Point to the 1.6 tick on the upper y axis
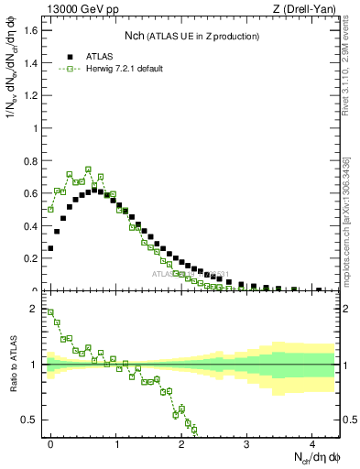tap(31, 30)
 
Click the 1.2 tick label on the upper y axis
tap(31, 95)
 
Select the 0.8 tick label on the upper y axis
tap(31, 161)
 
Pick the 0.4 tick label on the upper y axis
tap(31, 226)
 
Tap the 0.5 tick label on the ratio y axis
tap(33, 420)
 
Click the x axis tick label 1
tap(116, 447)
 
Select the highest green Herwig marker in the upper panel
tap(89, 169)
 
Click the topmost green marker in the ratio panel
tap(50, 311)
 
